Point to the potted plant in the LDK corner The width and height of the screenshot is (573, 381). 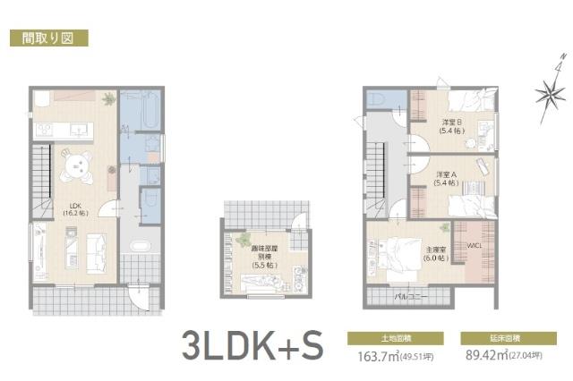[x=108, y=98]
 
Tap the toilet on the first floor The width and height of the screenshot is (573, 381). [x=150, y=197]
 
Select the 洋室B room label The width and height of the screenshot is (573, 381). [x=451, y=126]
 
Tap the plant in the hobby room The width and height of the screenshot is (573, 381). [x=243, y=240]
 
